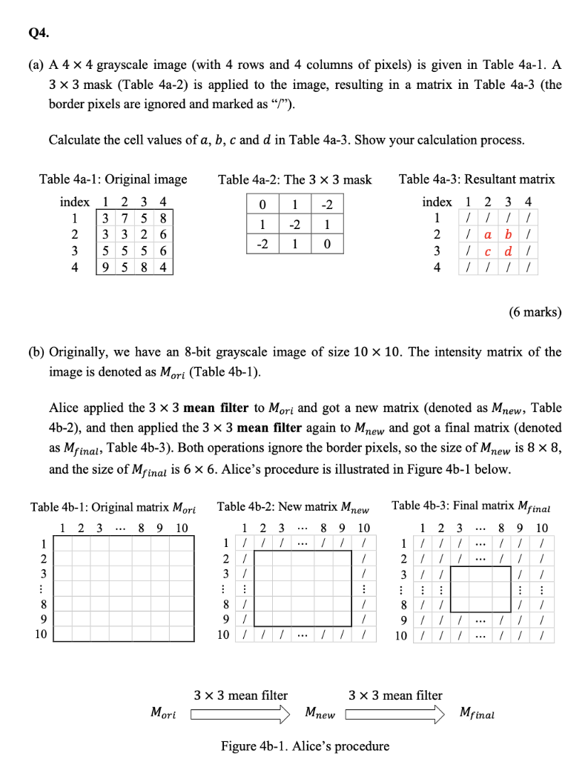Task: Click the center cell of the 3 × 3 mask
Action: point(294,224)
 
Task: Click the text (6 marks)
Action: point(534,312)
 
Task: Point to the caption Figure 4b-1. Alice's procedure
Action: point(305,745)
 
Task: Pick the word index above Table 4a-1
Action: point(74,202)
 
